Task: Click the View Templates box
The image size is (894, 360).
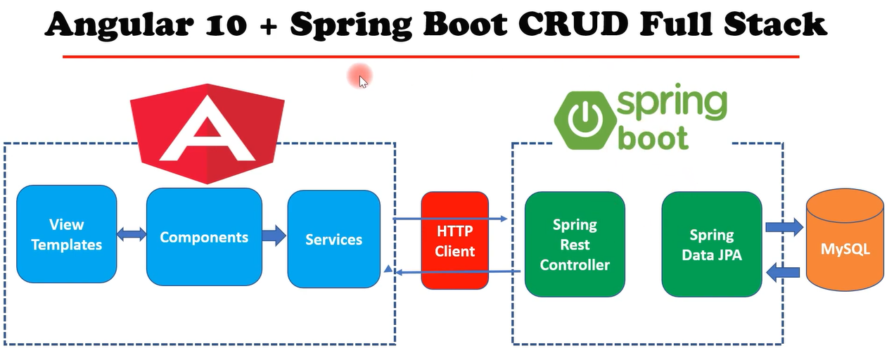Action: (67, 234)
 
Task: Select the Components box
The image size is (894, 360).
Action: (204, 236)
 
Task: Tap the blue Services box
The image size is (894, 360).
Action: (333, 239)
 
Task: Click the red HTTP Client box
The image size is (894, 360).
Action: (454, 240)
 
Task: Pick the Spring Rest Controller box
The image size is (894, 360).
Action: (575, 244)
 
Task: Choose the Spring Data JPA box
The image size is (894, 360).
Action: (711, 244)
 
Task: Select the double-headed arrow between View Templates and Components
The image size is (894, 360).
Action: (132, 235)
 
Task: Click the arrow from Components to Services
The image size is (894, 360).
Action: (274, 235)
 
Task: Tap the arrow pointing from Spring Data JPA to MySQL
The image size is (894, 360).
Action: (784, 226)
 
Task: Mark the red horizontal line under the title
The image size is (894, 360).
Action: (430, 56)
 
